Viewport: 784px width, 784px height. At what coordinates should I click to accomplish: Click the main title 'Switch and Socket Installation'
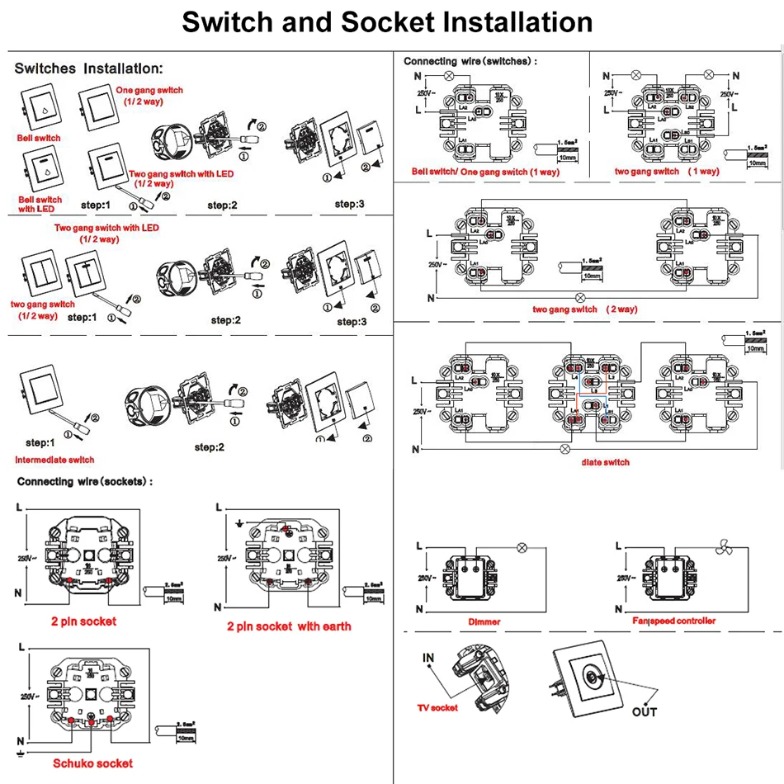[x=387, y=22]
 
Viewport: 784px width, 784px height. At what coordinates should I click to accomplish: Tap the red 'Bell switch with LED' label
[x=39, y=204]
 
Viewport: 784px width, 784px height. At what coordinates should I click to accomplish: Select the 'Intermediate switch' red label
[x=54, y=460]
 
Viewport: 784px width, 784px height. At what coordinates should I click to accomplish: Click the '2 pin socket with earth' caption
[x=289, y=626]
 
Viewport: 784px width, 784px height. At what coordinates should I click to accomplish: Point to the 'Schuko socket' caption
[x=92, y=763]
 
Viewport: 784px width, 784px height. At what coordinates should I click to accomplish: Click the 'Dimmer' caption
[x=484, y=621]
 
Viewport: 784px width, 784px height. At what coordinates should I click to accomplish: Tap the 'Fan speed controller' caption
[x=674, y=621]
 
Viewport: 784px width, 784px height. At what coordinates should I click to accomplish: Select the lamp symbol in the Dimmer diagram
[x=522, y=547]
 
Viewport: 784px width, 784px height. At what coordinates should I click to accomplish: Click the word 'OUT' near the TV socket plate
[x=644, y=711]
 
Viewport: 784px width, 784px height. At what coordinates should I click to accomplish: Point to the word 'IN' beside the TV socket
[x=428, y=658]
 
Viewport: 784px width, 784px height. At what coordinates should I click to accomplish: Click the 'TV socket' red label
[x=437, y=707]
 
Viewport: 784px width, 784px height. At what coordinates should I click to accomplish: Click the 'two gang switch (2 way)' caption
[x=576, y=309]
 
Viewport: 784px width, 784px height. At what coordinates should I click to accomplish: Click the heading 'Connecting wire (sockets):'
[x=85, y=481]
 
